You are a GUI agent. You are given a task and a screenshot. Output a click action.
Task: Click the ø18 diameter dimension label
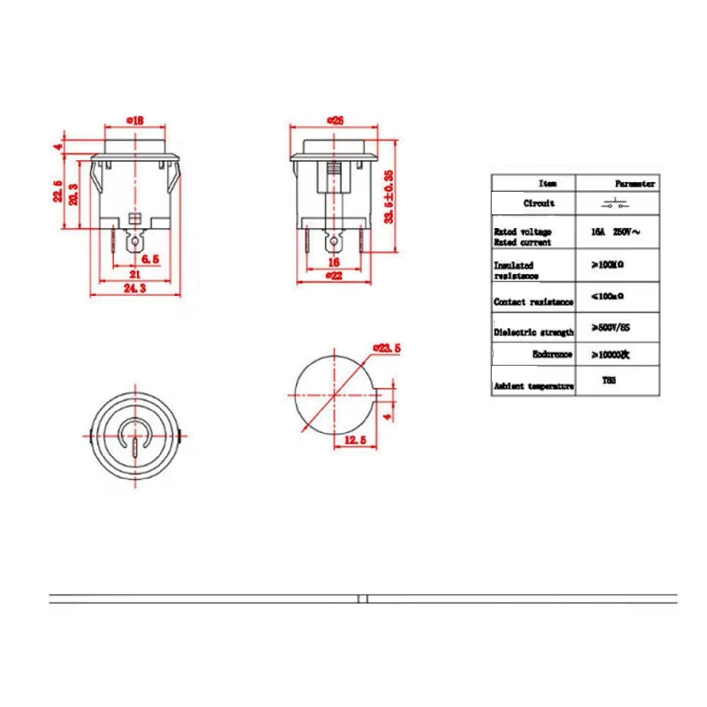point(135,120)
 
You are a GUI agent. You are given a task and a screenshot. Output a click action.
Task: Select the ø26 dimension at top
point(335,120)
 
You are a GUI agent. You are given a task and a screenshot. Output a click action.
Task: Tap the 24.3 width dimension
point(135,288)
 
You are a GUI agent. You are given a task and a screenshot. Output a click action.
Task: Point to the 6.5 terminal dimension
point(150,259)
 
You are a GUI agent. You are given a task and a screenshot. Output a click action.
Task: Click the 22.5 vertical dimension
point(58,190)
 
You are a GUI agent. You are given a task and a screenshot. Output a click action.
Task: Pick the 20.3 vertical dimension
point(73,194)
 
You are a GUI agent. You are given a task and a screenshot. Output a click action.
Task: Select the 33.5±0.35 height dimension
point(389,197)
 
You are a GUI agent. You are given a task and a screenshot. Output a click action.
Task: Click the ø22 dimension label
point(334,276)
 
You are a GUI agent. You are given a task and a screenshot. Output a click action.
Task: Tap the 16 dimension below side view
point(334,263)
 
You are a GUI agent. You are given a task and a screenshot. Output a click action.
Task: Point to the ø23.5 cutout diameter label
point(387,348)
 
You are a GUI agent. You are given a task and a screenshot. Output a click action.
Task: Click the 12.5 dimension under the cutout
point(355,440)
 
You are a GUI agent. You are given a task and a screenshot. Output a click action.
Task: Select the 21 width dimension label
point(135,274)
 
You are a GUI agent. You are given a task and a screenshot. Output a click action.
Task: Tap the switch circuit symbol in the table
point(615,204)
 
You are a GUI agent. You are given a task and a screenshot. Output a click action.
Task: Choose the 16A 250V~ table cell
point(615,232)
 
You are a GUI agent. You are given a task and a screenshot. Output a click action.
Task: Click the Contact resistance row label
point(533,302)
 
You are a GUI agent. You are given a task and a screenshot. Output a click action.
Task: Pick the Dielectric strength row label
point(533,332)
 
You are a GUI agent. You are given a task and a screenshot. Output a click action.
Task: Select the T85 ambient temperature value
point(609,380)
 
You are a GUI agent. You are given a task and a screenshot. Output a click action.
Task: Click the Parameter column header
point(634,184)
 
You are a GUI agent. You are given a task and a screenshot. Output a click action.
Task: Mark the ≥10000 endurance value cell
point(610,355)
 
